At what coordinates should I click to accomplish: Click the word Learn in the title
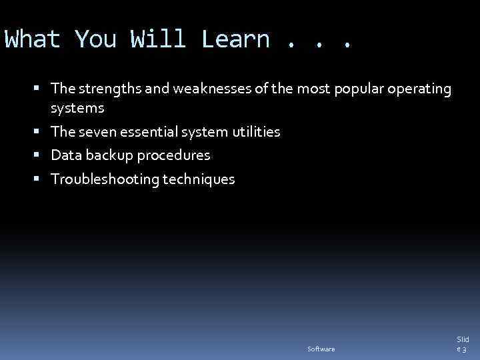(235, 39)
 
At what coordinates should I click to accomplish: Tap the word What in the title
(32, 39)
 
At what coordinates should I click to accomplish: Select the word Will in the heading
(158, 39)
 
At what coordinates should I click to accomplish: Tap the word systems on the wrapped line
(77, 108)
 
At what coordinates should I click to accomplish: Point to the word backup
(106, 155)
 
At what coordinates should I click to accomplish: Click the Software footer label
(321, 349)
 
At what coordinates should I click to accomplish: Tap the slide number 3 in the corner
(465, 349)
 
